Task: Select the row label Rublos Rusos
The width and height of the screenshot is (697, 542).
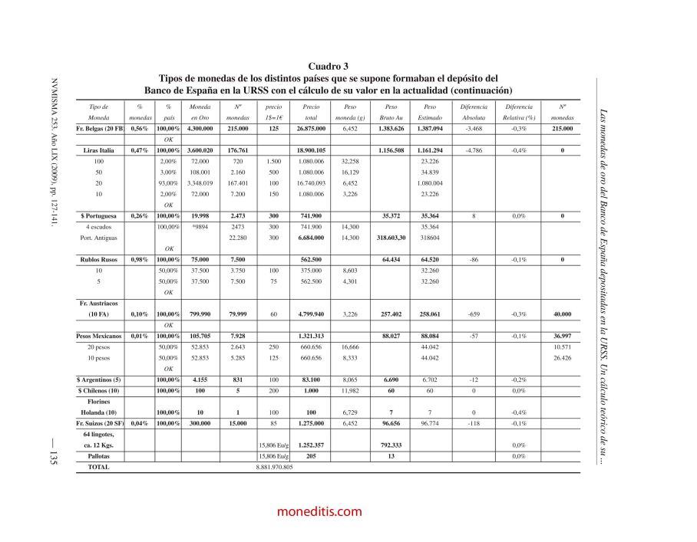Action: click(x=98, y=260)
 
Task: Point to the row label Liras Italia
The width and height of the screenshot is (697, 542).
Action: click(x=98, y=151)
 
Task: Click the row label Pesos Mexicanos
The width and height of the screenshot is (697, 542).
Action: click(x=98, y=336)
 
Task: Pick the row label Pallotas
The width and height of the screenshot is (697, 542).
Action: click(x=98, y=455)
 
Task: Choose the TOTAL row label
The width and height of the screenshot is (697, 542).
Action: click(x=98, y=466)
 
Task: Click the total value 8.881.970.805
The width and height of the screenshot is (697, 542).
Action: click(x=274, y=466)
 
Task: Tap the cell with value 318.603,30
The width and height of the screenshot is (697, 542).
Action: click(x=391, y=238)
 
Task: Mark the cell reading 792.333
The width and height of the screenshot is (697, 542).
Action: click(x=391, y=445)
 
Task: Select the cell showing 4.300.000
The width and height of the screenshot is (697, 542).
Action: click(x=200, y=129)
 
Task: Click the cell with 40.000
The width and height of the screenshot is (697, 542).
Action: click(x=562, y=314)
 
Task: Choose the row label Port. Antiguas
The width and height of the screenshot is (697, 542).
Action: click(x=98, y=238)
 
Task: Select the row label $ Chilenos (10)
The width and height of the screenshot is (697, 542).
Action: click(x=98, y=390)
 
